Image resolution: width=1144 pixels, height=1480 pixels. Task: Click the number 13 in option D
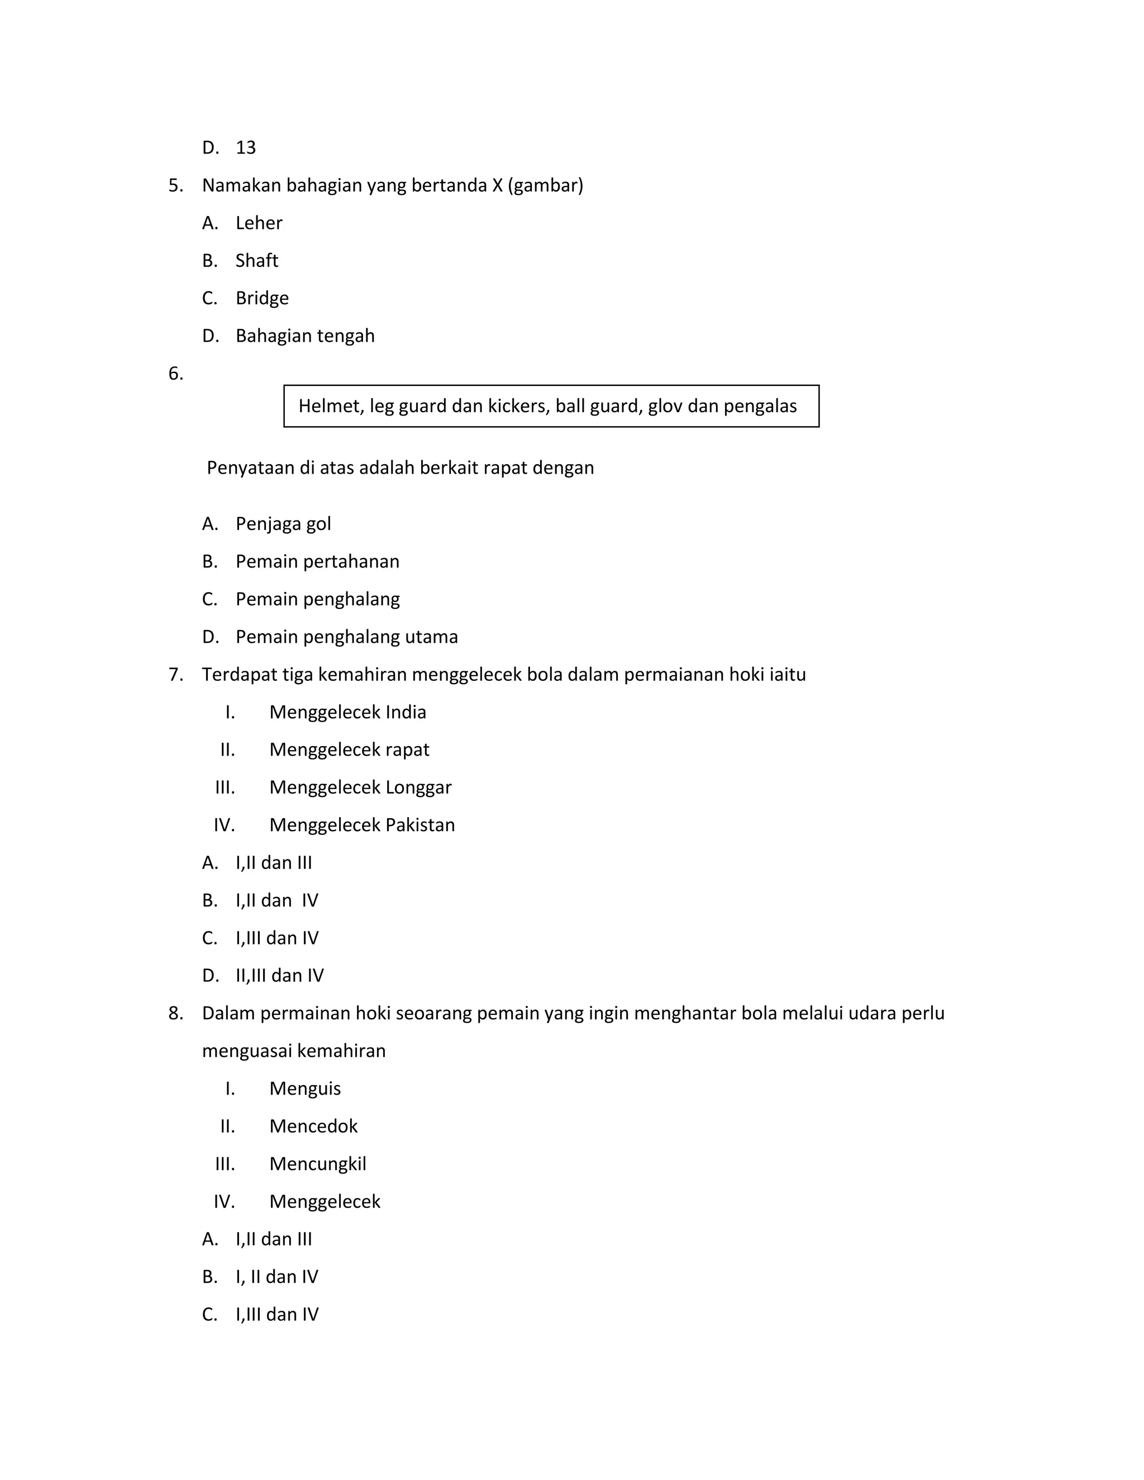point(245,148)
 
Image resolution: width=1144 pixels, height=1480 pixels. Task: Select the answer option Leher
point(258,223)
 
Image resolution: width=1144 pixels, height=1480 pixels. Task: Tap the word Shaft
point(257,261)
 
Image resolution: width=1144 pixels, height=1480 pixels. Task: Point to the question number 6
point(175,374)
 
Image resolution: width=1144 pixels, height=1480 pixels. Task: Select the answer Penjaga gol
point(283,524)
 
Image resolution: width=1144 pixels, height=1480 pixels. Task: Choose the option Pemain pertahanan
point(317,562)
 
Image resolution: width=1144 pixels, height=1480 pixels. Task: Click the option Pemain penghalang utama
point(346,637)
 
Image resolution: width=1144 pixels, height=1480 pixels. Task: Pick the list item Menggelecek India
point(347,712)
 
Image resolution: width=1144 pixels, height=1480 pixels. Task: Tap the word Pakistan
point(420,825)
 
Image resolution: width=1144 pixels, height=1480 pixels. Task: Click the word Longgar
point(418,787)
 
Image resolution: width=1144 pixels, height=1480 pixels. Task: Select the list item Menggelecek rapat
point(349,750)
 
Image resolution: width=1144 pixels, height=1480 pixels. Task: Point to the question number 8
point(175,1013)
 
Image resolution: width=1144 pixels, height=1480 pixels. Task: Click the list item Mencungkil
point(317,1164)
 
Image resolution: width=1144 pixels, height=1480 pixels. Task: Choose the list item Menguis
point(305,1089)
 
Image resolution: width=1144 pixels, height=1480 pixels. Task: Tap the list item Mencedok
point(313,1126)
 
